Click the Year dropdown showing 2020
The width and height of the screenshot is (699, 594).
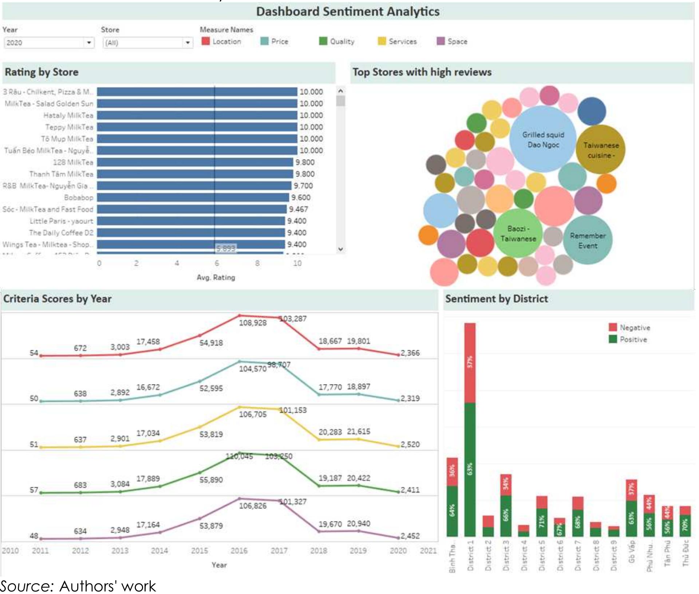click(x=49, y=43)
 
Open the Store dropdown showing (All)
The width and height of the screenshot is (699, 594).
click(x=147, y=43)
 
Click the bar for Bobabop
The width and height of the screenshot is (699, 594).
click(x=193, y=198)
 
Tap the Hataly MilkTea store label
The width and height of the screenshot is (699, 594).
click(x=68, y=116)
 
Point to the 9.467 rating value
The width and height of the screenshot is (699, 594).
click(x=298, y=209)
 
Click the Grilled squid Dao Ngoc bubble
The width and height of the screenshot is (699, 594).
click(x=543, y=139)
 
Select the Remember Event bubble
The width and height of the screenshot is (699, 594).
click(x=587, y=240)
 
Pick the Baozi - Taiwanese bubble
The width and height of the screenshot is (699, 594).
click(x=518, y=234)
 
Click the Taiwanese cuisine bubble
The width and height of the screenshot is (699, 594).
click(x=601, y=149)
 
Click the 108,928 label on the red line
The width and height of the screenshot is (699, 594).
click(x=253, y=323)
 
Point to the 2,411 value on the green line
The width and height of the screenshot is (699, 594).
click(x=410, y=490)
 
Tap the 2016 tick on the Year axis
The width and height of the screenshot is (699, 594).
click(x=239, y=551)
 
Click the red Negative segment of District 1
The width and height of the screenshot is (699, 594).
click(x=470, y=363)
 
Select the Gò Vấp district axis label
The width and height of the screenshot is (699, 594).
click(x=631, y=552)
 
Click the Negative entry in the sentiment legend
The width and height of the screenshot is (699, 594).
click(x=634, y=328)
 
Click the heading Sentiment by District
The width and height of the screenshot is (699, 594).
click(x=496, y=299)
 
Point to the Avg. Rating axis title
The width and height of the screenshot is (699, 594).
click(x=216, y=278)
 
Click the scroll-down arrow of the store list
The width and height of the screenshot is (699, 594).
click(x=340, y=249)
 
